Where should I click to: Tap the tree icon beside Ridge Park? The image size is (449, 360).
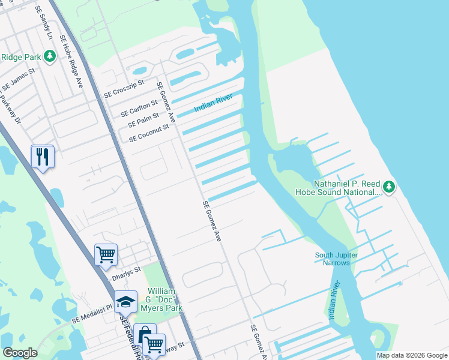pyautogui.click(x=50, y=56)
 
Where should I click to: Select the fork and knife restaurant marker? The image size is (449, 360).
pyautogui.click(x=42, y=157)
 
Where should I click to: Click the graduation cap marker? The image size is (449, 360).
pyautogui.click(x=125, y=301)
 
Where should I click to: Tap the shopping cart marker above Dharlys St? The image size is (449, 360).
pyautogui.click(x=106, y=254)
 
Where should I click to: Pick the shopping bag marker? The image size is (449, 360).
pyautogui.click(x=144, y=334)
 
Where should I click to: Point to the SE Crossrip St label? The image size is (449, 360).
pyautogui.click(x=124, y=89)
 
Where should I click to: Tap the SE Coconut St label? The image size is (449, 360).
pyautogui.click(x=149, y=133)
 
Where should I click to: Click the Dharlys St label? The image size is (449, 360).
pyautogui.click(x=126, y=274)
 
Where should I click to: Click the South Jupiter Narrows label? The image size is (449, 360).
pyautogui.click(x=336, y=259)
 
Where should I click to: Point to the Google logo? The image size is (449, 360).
pyautogui.click(x=20, y=353)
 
